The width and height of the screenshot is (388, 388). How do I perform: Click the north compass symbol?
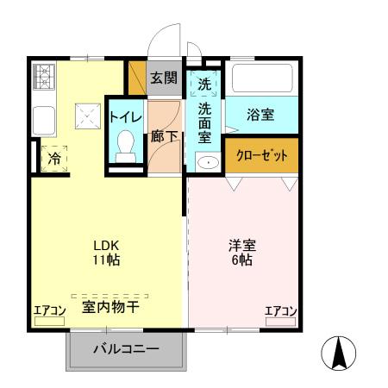tap(339, 353)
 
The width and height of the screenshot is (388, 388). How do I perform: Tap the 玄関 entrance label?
tap(164, 78)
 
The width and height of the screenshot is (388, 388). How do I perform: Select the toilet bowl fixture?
tap(126, 142)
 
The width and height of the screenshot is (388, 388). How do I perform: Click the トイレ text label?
tap(125, 116)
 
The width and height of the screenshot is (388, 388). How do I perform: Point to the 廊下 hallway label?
tap(164, 136)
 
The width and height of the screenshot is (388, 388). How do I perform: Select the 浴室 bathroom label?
tap(260, 113)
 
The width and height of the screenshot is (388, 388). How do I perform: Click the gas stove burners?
tap(43, 78)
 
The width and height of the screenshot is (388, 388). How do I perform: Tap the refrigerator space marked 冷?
tap(54, 159)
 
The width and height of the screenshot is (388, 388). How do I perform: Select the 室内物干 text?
tap(111, 306)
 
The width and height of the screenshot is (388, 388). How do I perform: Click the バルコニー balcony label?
tap(126, 350)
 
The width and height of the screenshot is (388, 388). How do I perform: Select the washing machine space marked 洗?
tap(204, 84)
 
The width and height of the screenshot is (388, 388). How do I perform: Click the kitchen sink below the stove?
tap(43, 116)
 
